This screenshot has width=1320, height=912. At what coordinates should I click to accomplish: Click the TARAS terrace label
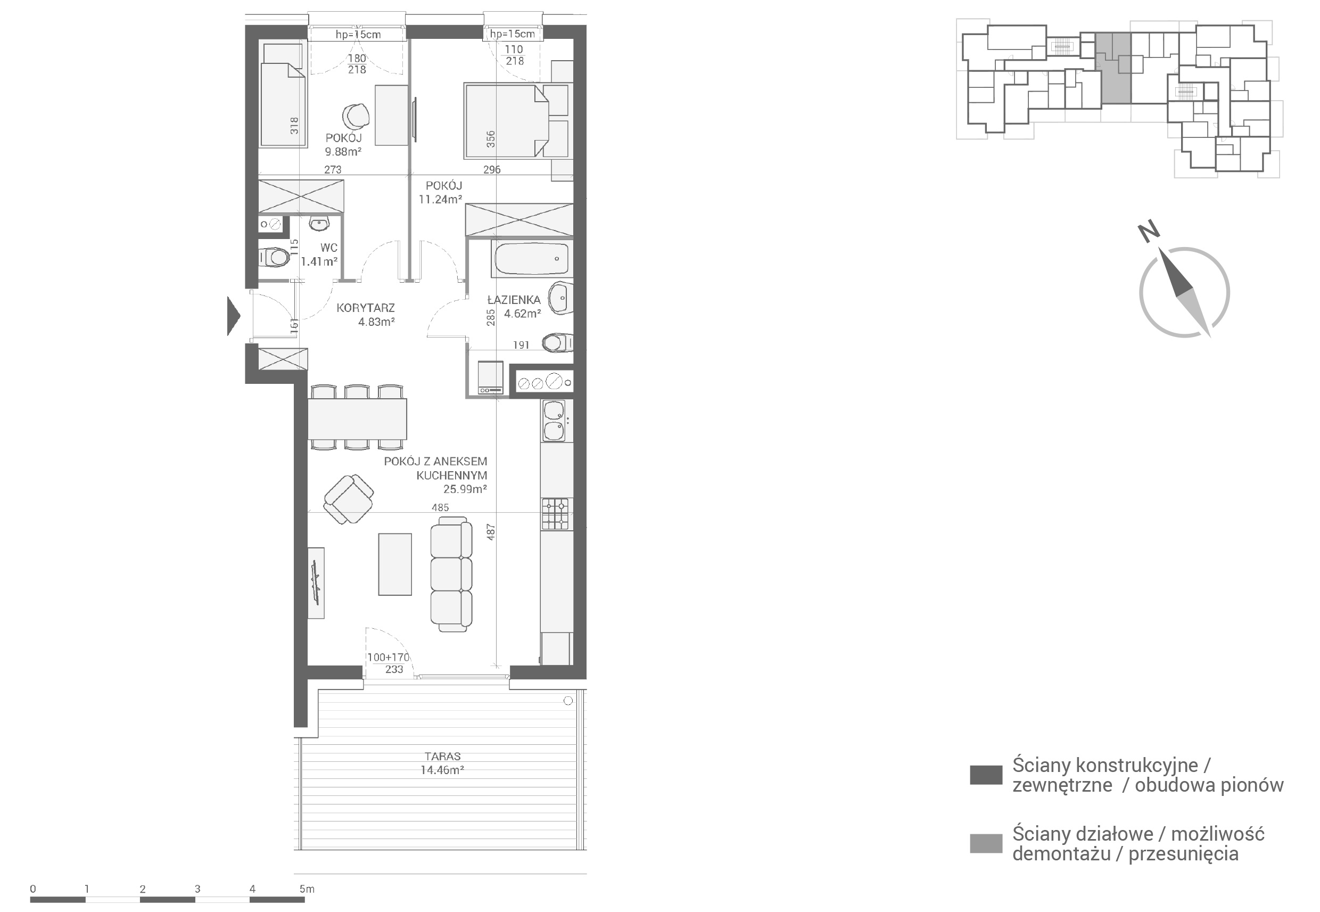(x=443, y=756)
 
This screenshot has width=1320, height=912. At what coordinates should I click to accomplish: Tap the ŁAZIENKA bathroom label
(x=514, y=299)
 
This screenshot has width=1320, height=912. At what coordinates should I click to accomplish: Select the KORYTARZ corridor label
(x=366, y=308)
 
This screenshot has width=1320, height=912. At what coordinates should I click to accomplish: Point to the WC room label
(x=329, y=248)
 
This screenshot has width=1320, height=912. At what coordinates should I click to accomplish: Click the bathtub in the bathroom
(x=531, y=259)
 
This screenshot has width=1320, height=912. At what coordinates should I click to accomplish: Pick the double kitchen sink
(x=554, y=421)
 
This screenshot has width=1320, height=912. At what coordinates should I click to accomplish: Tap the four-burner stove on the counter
(x=555, y=514)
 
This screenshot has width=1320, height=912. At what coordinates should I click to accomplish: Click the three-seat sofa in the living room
(x=451, y=574)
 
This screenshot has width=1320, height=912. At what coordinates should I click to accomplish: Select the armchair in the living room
(x=349, y=499)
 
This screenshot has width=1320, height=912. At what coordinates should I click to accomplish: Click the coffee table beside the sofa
(x=395, y=564)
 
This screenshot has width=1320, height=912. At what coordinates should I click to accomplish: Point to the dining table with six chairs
(x=358, y=418)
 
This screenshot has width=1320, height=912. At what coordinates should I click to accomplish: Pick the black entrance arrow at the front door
(x=233, y=315)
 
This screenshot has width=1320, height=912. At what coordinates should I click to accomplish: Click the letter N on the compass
(x=1149, y=231)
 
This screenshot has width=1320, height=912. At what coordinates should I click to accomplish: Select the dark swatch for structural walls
(x=986, y=775)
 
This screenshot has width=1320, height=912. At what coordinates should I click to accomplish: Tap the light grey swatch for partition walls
(x=986, y=843)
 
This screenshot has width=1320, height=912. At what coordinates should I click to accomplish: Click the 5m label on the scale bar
(x=307, y=889)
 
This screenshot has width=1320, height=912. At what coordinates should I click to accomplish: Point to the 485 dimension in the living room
(x=440, y=507)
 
